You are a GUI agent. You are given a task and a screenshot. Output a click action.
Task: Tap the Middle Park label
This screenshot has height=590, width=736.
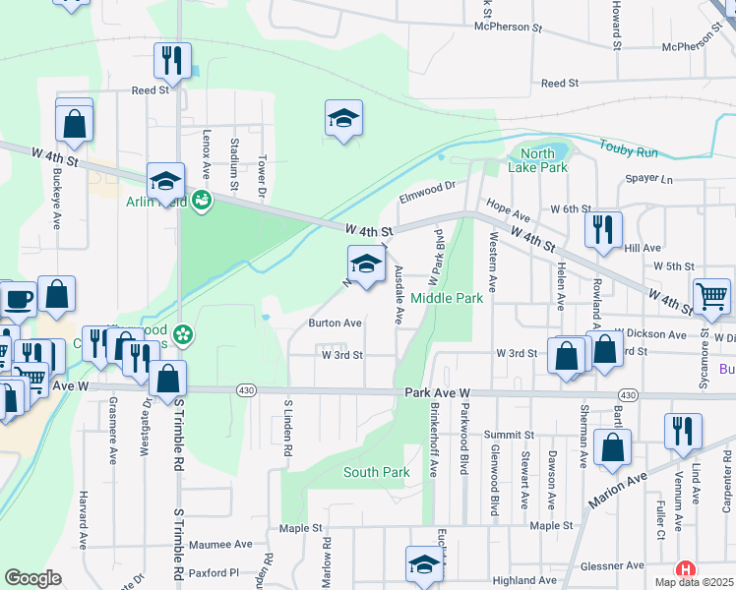coord(447,298)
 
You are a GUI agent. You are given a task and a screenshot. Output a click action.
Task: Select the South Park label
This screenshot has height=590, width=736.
coord(376,473)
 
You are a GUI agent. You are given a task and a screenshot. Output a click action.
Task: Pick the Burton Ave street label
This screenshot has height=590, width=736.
coord(336,323)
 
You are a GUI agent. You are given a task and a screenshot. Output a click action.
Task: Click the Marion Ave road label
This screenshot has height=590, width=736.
coord(617,489)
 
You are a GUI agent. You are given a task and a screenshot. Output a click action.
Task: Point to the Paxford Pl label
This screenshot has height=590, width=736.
coord(215,571)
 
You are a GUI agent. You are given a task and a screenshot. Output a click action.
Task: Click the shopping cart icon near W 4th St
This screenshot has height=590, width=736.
coord(711,296)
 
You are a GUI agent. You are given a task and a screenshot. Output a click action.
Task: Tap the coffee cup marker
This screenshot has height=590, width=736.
coord(19,298)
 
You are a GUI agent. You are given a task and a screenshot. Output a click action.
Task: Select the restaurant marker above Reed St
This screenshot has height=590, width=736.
coord(172,60)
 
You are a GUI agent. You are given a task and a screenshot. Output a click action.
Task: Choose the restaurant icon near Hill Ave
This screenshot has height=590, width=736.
coord(603,229)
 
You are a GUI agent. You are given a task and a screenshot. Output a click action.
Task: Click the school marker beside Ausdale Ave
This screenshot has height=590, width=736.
coord(366,264)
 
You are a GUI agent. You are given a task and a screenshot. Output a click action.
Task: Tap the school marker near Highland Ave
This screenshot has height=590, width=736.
coord(424,564)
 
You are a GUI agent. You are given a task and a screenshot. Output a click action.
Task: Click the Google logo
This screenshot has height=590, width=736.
coord(32,578)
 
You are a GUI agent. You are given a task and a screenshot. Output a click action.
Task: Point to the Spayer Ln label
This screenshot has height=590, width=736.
coord(649,180)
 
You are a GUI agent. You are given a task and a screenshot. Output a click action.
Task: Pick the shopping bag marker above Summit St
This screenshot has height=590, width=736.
coord(613,447)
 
